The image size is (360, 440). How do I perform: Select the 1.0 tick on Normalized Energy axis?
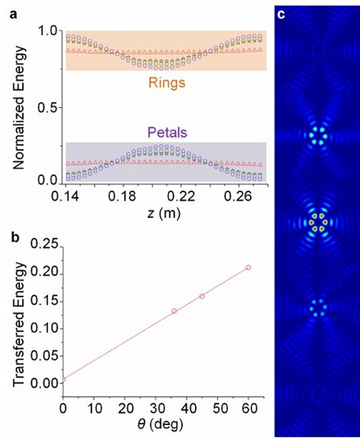pos(47,31)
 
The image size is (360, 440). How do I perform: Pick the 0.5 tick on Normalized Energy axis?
pos(47,106)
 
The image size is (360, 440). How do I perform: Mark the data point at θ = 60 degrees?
pos(248,267)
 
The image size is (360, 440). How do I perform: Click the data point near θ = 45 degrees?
pos(202,296)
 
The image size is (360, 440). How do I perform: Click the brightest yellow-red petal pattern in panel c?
pos(317,221)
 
